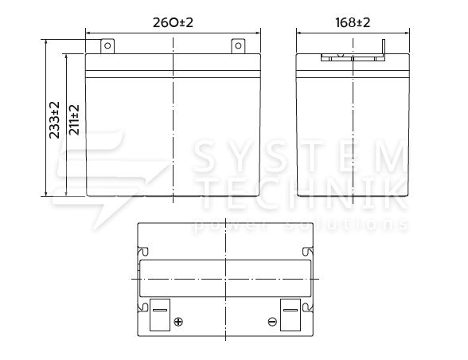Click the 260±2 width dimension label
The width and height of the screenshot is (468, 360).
tap(173, 22)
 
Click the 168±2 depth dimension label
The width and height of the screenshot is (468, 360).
tap(353, 22)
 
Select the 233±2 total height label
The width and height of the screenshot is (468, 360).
tap(55, 119)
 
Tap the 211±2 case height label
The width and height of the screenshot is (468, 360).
tap(74, 119)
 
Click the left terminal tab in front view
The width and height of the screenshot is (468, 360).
tap(107, 46)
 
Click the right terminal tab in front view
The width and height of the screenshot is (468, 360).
tap(238, 46)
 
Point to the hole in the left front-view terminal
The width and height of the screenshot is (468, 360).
tap(107, 45)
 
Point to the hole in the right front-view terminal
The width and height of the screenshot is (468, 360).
tap(238, 45)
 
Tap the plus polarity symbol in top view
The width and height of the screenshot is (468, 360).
tap(178, 322)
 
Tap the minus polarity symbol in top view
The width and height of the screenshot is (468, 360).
tap(272, 322)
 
